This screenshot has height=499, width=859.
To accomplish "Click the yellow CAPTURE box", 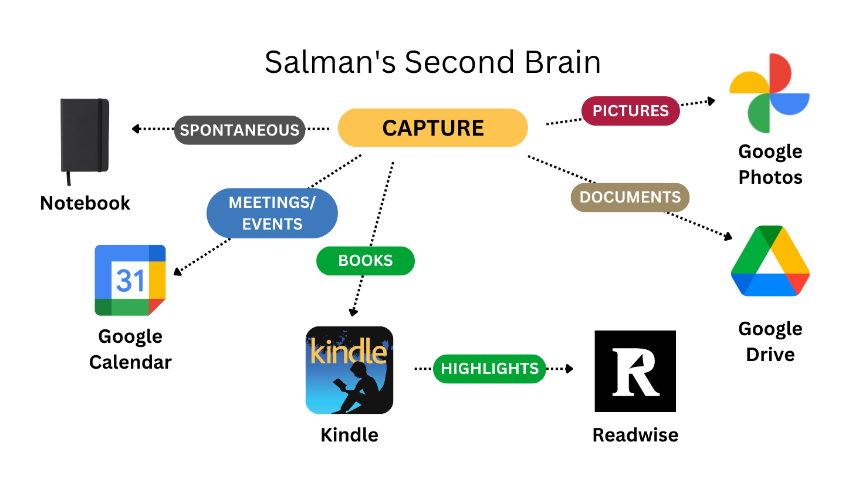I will tap(432, 128).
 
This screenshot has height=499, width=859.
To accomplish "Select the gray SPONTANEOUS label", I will tap(239, 130).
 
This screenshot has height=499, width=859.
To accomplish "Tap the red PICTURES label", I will tap(630, 111).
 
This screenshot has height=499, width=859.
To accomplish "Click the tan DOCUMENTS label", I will tap(630, 197).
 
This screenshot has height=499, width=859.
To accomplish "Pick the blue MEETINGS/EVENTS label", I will tap(272, 213).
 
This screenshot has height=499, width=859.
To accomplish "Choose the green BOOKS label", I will tap(365, 261).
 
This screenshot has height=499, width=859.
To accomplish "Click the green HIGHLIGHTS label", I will tap(489, 369).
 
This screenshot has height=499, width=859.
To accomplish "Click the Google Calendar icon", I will tap(130, 280).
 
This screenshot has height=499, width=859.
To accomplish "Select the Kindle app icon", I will tap(349, 370).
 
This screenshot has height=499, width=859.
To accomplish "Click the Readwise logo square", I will tap(635, 371).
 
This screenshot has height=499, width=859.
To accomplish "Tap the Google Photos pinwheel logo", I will tap(769, 93).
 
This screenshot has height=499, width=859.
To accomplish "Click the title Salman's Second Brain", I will tap(432, 62).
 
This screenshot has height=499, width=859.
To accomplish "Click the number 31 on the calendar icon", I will tap(130, 281).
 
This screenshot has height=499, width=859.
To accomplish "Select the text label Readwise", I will tap(635, 435).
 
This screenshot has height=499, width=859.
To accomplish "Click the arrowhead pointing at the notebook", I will tap(136, 129).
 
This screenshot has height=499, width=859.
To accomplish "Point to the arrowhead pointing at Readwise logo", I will tap(570, 369).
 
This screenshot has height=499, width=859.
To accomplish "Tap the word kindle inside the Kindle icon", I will tap(348, 352).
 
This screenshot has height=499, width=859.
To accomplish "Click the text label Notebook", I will tap(85, 203).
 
